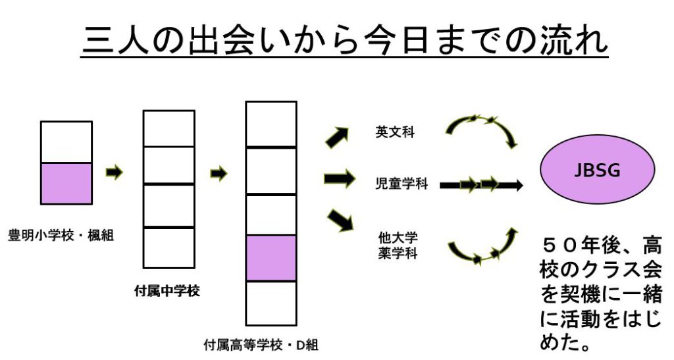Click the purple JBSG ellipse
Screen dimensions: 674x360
(x=598, y=169)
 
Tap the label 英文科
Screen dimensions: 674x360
(x=395, y=132)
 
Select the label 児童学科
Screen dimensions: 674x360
(x=402, y=184)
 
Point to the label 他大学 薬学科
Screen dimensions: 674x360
(x=398, y=245)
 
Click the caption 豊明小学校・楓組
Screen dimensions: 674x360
(x=61, y=236)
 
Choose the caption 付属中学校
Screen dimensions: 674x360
(x=167, y=292)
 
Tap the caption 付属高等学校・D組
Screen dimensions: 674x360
(x=261, y=345)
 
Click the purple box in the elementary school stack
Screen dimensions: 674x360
(x=66, y=184)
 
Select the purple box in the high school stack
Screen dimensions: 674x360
(x=271, y=258)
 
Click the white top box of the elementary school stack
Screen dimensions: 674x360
(x=66, y=142)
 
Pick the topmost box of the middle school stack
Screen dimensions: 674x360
(x=169, y=129)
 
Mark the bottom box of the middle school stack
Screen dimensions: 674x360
(x=169, y=248)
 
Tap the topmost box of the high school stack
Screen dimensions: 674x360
(x=271, y=124)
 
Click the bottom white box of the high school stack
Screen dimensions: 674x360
(x=271, y=303)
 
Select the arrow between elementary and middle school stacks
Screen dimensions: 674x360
(x=115, y=172)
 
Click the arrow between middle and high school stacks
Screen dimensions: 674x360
(x=219, y=174)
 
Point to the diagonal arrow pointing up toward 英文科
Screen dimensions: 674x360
(x=338, y=138)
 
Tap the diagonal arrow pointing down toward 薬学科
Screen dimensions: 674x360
(x=340, y=220)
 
